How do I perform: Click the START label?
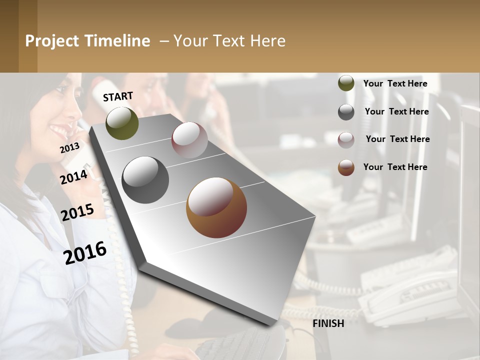(118, 96)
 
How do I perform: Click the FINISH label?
(328, 323)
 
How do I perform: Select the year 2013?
(69, 148)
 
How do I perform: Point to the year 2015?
(77, 212)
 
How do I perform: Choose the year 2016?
(85, 252)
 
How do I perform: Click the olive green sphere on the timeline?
(122, 123)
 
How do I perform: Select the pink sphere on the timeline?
(189, 140)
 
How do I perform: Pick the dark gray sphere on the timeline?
(145, 180)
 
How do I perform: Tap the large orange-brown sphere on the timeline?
(216, 207)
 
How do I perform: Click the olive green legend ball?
(346, 83)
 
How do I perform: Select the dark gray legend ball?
(346, 112)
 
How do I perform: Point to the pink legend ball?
(346, 140)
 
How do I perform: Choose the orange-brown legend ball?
(346, 167)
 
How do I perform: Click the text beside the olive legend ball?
(395, 83)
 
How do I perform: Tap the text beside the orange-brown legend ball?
(395, 167)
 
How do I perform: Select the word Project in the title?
(52, 41)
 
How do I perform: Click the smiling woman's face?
(62, 112)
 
